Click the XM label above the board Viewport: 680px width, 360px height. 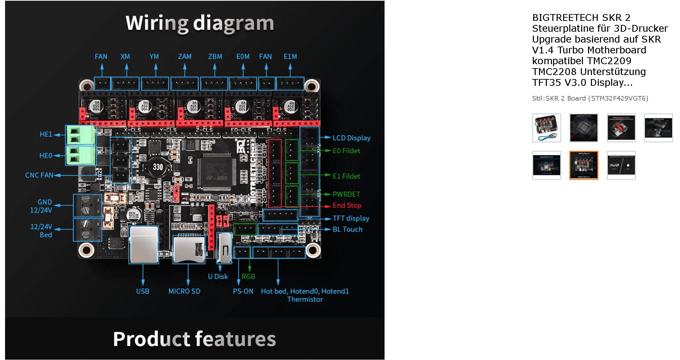coord(125,57)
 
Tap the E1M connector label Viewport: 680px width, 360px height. coord(290,57)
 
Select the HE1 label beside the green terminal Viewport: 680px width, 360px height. coord(46,134)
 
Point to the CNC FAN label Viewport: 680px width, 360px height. coord(39,175)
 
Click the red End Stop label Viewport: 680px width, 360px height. coord(347,205)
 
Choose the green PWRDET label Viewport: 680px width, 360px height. coord(346,194)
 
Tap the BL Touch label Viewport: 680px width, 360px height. coord(347,229)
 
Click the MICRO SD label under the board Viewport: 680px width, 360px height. coord(184,291)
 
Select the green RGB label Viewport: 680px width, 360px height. coord(248,276)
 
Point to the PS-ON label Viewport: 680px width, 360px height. coord(243,291)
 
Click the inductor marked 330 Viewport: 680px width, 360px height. coord(158,167)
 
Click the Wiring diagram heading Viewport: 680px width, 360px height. coord(199,23)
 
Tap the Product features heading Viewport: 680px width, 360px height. coord(194,339)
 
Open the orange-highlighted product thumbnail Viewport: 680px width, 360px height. coord(583,165)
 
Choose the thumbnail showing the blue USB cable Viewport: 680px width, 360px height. coord(547,128)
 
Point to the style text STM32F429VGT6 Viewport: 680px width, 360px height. coord(618,98)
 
